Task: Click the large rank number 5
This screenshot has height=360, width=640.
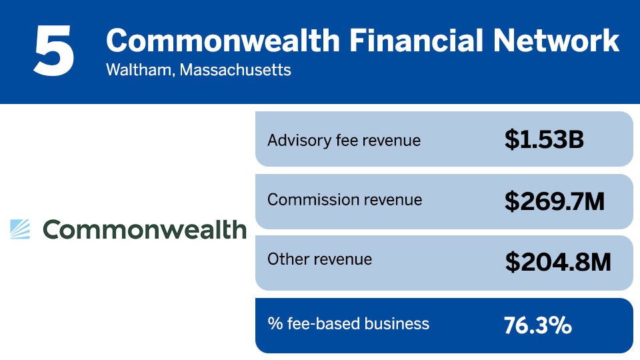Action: click(x=54, y=51)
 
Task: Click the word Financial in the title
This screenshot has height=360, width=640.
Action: click(x=416, y=41)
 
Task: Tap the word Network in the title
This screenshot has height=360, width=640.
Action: click(x=556, y=41)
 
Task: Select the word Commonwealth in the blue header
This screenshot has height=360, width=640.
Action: click(x=223, y=41)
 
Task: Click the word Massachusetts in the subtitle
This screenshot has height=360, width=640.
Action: click(x=235, y=70)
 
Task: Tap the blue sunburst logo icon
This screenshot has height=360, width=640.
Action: click(x=20, y=229)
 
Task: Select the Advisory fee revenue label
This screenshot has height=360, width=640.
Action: click(x=344, y=141)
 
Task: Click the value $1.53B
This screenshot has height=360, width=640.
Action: click(x=544, y=139)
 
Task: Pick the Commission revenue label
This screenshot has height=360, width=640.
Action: click(x=345, y=199)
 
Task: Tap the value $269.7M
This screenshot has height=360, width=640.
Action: click(x=554, y=201)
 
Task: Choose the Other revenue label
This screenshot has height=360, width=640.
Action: click(x=319, y=259)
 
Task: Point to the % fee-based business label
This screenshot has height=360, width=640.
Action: click(x=348, y=324)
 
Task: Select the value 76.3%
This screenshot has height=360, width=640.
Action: click(x=537, y=325)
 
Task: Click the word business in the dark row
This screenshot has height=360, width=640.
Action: click(x=397, y=324)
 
